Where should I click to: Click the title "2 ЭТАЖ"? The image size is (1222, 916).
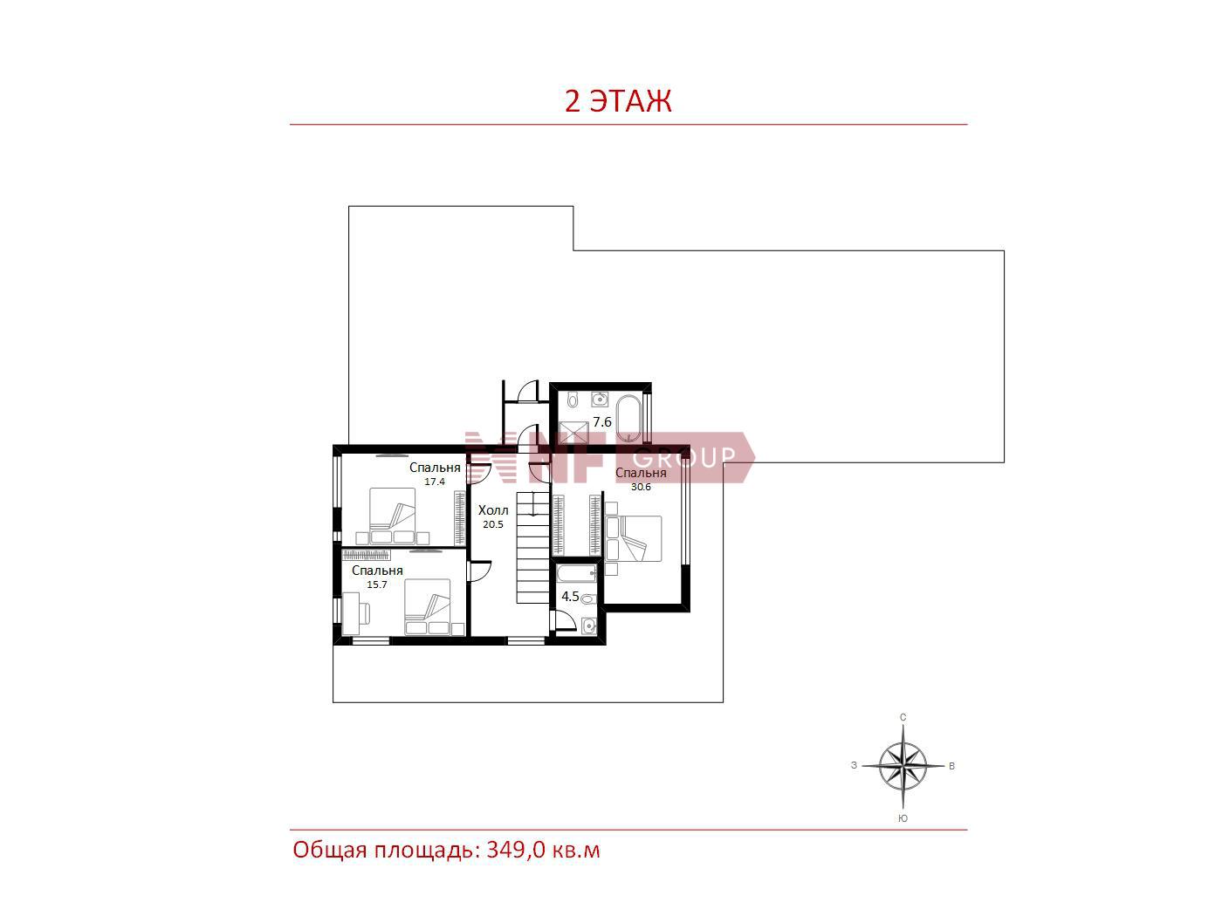coord(618,101)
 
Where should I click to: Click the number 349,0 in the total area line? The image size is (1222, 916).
coord(516,850)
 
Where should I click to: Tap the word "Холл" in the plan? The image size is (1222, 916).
coord(493,510)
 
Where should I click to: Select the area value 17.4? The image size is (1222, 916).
coord(434,482)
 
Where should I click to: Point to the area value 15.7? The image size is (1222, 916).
coord(376,584)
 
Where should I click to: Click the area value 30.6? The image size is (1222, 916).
coord(640,487)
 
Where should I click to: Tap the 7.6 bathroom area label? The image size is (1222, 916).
coord(601,422)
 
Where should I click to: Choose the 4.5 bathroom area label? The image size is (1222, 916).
coord(570,597)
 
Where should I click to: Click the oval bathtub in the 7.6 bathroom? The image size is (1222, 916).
coord(629,418)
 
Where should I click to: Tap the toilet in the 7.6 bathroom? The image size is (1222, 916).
coord(573,400)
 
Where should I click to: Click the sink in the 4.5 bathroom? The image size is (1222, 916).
coord(589,626)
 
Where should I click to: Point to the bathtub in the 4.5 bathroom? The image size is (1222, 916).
coord(577,573)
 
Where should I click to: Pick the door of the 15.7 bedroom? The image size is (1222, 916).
coord(480,571)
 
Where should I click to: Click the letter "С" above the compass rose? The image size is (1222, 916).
coord(903,717)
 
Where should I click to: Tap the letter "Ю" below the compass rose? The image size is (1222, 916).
coord(903,818)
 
